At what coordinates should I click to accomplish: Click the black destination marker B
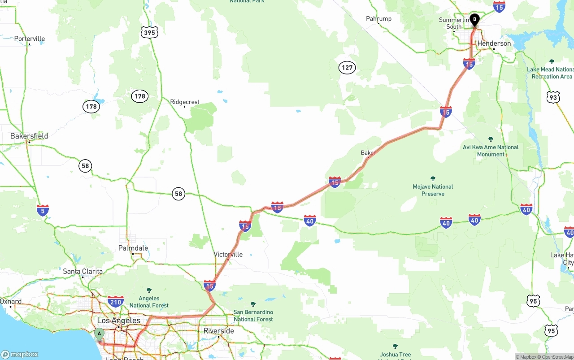474,20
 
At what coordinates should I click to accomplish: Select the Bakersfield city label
29,136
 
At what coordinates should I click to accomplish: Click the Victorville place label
228,254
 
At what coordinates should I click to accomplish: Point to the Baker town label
368,153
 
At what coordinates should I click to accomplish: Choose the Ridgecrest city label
185,102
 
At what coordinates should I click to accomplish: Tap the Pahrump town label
378,18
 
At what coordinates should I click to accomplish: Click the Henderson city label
494,43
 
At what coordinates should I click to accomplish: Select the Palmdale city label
133,248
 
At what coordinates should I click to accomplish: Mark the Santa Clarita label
83,271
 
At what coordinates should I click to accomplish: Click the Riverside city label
218,331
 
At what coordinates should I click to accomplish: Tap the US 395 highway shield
149,32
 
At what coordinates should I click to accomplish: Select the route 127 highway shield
347,68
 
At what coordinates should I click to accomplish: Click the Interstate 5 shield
43,210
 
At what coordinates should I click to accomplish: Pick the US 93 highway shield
553,97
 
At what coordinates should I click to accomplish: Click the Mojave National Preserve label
433,190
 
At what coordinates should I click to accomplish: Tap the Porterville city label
30,39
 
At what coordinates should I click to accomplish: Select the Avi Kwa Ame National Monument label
491,151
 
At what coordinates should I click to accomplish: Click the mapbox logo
20,354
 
